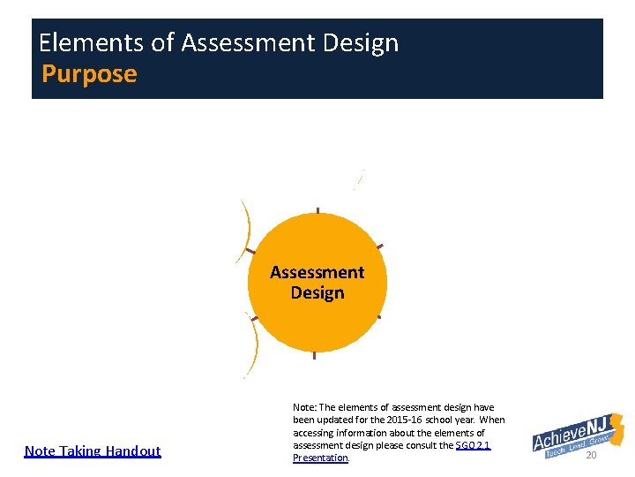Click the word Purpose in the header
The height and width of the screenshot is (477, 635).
pos(89,73)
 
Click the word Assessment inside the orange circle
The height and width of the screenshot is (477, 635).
pos(317,272)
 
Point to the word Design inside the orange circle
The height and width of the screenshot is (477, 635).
pos(317,292)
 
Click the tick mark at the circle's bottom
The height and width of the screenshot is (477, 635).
pos(314,355)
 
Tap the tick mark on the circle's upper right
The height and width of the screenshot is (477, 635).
pos(379,245)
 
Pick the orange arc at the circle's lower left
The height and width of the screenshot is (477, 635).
pos(254,346)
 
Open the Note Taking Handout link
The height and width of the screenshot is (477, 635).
pos(93,450)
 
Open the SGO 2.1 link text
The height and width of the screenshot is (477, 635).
pos(473,445)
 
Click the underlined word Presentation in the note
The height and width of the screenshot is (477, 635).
pos(320,458)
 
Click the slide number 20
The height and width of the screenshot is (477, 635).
pos(591,455)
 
